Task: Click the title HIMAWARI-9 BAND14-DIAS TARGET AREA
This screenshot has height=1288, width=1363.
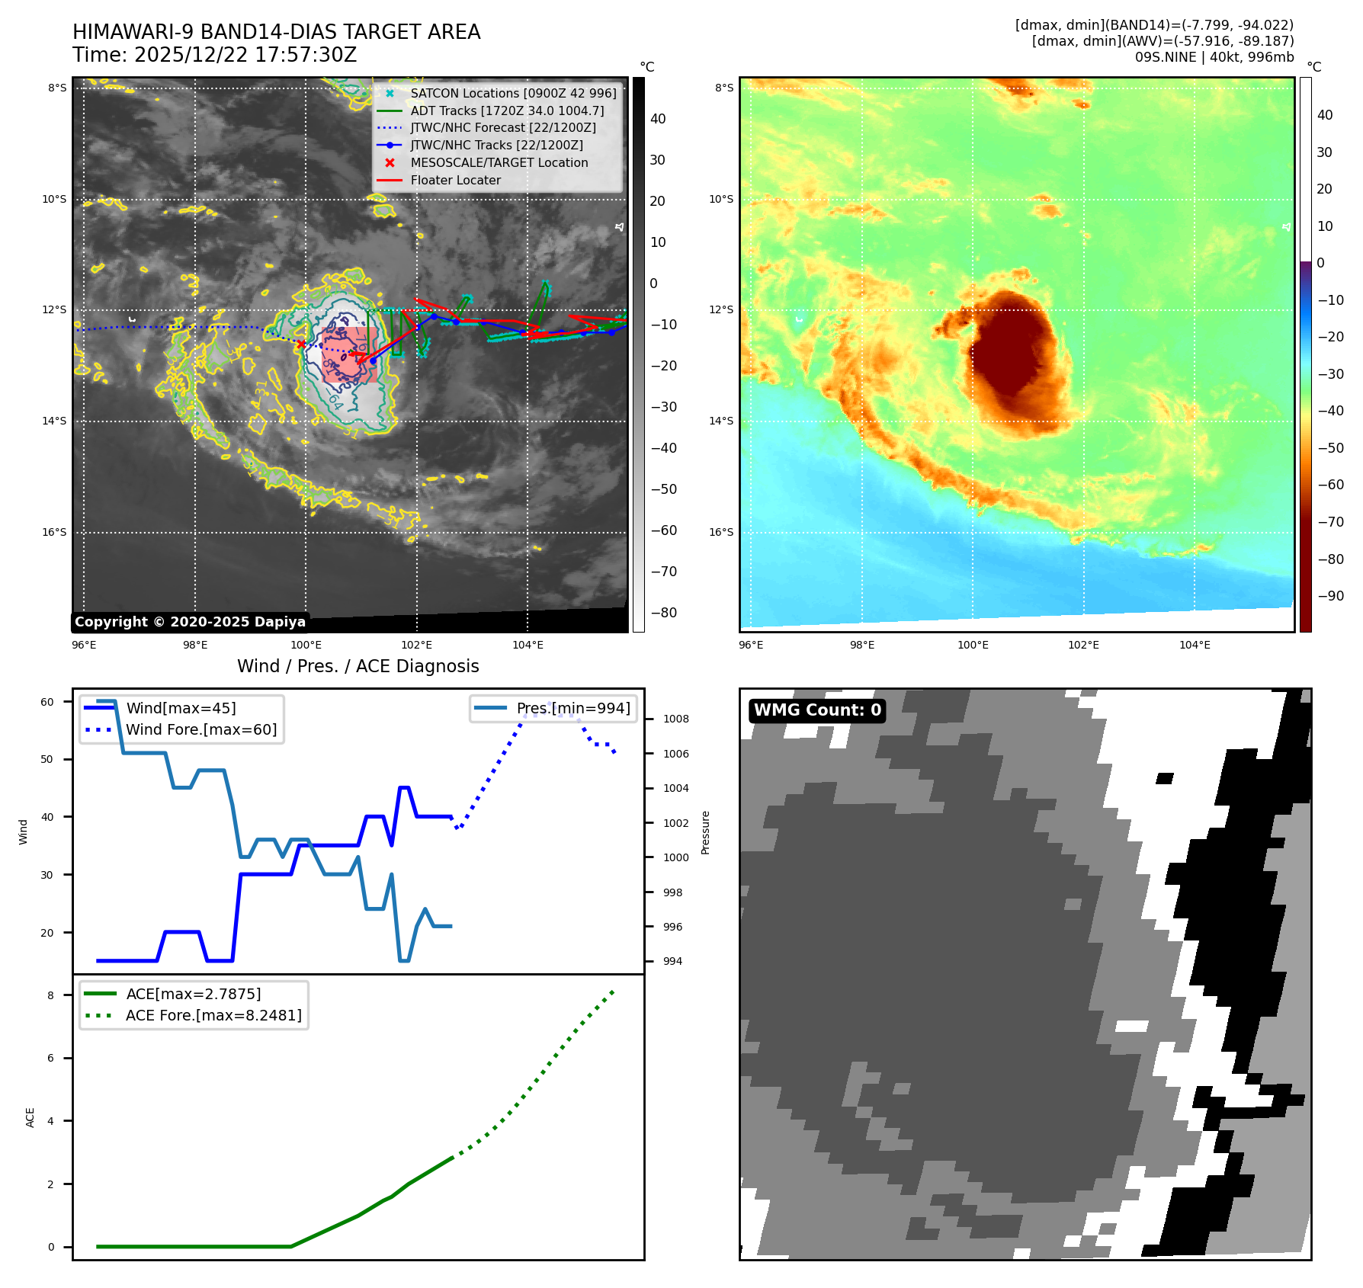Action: (x=276, y=32)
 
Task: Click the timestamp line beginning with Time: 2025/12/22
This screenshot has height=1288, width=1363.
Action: (x=214, y=55)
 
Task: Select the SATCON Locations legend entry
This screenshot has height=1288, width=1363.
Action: (x=512, y=93)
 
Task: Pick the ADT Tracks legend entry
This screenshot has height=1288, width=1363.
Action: (x=506, y=111)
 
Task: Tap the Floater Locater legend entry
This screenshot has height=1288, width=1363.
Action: (x=455, y=180)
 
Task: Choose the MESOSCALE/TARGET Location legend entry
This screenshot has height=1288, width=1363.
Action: (x=499, y=162)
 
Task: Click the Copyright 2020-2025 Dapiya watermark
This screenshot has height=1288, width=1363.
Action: (x=190, y=622)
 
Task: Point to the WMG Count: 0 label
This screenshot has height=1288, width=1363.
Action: (x=817, y=710)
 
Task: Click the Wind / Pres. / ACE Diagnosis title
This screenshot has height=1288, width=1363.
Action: (x=358, y=666)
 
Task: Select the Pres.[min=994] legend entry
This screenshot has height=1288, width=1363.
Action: (x=572, y=708)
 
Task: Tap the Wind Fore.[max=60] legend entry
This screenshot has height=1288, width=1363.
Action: (x=200, y=729)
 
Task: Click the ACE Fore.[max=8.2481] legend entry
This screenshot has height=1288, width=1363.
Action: (x=213, y=1015)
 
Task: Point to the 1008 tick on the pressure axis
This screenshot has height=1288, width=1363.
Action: (x=675, y=719)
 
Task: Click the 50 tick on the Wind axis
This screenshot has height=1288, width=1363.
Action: (x=47, y=759)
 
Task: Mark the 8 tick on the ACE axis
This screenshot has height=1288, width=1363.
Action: (x=51, y=995)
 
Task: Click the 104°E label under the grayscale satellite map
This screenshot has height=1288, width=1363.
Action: (x=528, y=645)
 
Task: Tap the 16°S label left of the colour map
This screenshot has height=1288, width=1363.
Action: (x=721, y=532)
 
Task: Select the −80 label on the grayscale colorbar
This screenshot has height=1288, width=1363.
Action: (x=663, y=613)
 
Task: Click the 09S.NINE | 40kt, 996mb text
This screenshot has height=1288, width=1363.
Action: (x=1214, y=57)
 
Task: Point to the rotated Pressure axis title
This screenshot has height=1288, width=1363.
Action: (x=705, y=832)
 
